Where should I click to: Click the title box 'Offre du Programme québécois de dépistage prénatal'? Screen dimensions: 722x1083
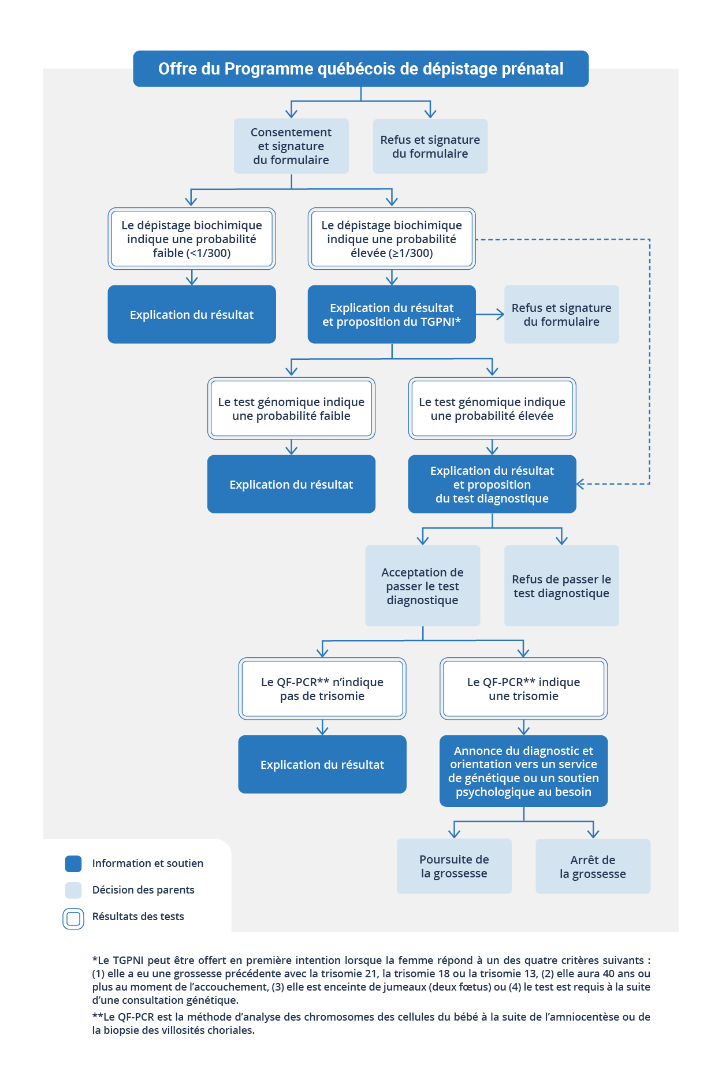point(360,69)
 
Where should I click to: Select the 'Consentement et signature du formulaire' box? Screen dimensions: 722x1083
point(291,146)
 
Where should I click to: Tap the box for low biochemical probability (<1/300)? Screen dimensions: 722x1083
point(192,239)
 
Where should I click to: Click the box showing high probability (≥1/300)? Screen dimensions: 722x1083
point(392,239)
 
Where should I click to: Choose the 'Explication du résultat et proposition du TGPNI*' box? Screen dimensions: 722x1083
point(392,314)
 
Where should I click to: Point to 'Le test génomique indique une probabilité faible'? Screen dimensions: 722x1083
point(291,408)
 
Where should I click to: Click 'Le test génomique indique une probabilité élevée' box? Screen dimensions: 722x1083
point(492,408)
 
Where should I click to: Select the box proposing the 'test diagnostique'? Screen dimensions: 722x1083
point(492,484)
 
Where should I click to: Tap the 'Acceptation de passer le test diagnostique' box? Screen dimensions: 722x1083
point(423,586)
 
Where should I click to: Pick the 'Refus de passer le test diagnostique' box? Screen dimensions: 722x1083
point(561,586)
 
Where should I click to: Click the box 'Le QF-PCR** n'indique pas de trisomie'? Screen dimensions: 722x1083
point(322,688)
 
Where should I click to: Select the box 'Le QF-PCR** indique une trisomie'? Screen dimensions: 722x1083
point(523,688)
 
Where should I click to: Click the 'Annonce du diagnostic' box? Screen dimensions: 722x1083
point(523,771)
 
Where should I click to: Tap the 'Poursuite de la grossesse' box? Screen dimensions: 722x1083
point(454,866)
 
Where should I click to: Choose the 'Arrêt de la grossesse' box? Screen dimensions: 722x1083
point(593,866)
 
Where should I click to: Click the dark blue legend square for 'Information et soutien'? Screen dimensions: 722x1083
point(73,864)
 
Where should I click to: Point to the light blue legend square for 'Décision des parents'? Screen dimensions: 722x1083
point(73,890)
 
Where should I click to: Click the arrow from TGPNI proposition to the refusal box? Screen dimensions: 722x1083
point(490,314)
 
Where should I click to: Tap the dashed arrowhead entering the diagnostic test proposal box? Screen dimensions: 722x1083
point(580,484)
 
